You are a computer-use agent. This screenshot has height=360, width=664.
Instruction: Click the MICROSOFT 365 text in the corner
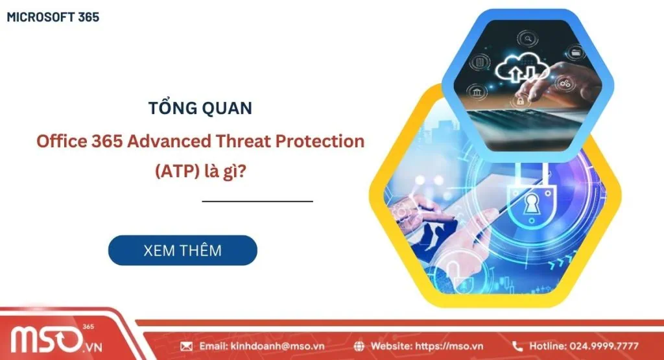pyautogui.click(x=53, y=17)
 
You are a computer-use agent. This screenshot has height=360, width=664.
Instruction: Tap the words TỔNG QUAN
pyautogui.click(x=200, y=108)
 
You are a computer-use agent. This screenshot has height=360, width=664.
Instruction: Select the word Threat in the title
pyautogui.click(x=243, y=141)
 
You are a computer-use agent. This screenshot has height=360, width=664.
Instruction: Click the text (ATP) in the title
pyautogui.click(x=177, y=171)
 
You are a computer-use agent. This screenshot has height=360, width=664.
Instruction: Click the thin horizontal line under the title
pyautogui.click(x=257, y=201)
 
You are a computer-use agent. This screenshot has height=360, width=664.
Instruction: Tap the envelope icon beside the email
pyautogui.click(x=186, y=346)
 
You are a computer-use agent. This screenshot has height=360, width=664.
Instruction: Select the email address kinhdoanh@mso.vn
pyautogui.click(x=278, y=346)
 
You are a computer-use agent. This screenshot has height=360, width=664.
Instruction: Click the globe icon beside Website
pyautogui.click(x=359, y=346)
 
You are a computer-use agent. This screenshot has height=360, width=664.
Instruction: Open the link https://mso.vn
pyautogui.click(x=449, y=346)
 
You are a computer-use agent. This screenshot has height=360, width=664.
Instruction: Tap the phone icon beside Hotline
pyautogui.click(x=517, y=346)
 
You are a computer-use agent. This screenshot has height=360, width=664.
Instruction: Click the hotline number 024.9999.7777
pyautogui.click(x=604, y=346)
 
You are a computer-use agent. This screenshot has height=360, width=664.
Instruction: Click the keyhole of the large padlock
pyautogui.click(x=530, y=204)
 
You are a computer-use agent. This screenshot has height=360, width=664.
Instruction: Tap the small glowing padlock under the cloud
pyautogui.click(x=520, y=101)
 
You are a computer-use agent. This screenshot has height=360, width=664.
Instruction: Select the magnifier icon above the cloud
pyautogui.click(x=528, y=39)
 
